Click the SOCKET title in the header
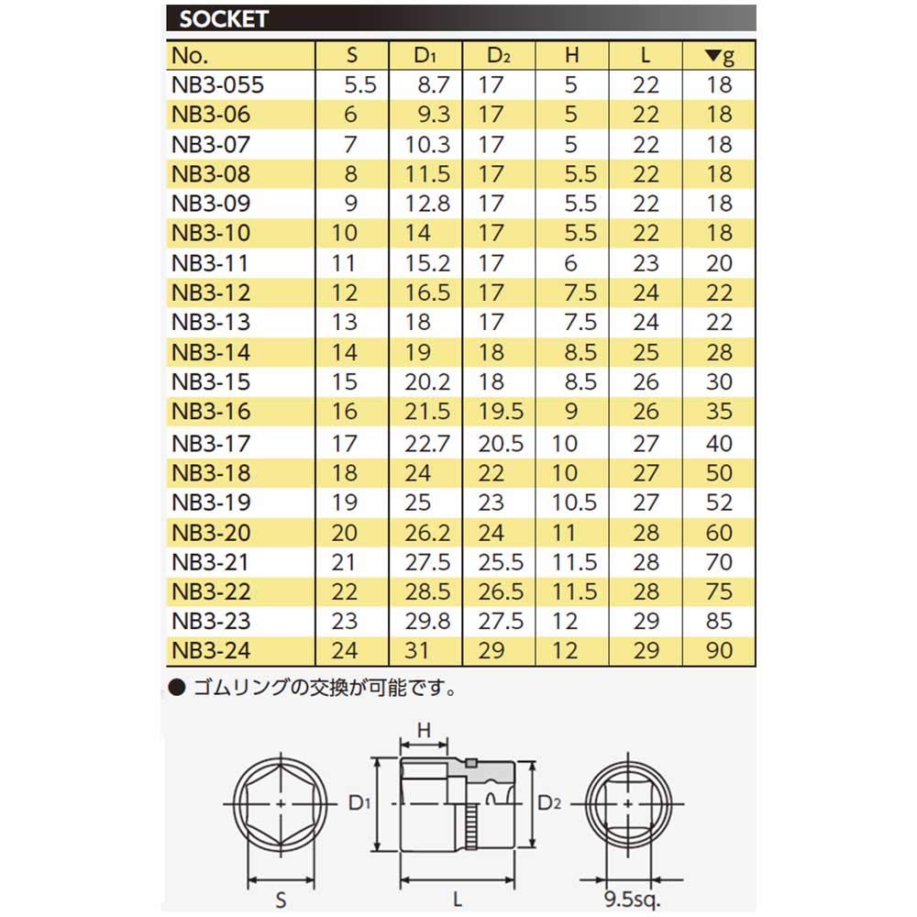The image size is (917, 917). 223,18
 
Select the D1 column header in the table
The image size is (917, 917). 424,55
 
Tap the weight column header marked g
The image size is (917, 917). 720,55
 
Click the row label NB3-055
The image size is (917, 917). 217,85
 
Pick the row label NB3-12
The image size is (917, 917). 210,293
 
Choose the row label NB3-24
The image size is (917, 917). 210,651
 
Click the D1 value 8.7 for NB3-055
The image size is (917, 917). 433,85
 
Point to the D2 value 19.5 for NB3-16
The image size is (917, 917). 500,413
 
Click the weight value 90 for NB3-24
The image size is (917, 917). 720,651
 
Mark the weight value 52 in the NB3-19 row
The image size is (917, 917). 720,503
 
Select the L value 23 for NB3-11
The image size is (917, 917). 646,264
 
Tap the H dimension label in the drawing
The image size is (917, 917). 425,730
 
